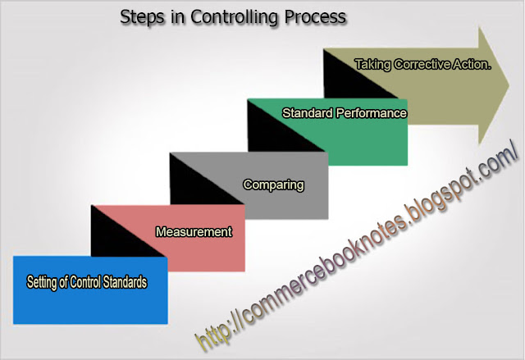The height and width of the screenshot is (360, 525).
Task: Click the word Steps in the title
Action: [x=139, y=16]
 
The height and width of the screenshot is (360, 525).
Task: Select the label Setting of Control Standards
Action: [x=87, y=282]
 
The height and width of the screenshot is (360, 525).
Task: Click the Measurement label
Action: [x=194, y=232]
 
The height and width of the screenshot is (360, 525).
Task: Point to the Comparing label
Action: [x=273, y=185]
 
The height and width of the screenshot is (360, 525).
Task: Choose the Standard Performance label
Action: [x=345, y=112]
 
